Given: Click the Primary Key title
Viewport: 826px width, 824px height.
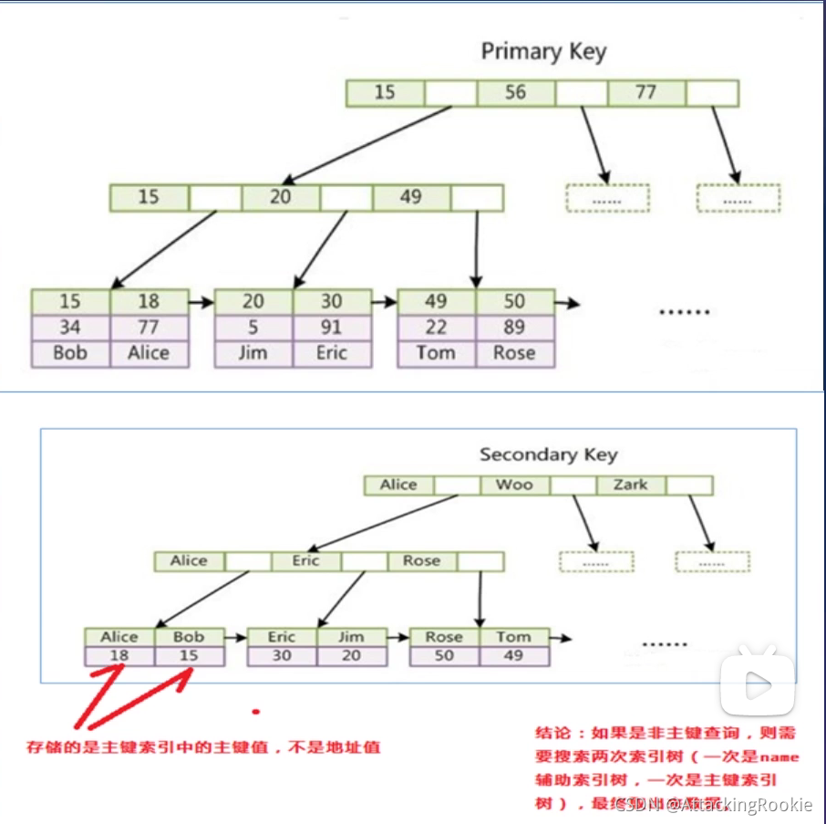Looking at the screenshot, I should click(543, 52).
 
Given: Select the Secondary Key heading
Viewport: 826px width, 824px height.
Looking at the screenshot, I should click(548, 454).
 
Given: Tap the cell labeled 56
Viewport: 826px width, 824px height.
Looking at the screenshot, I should click(515, 92).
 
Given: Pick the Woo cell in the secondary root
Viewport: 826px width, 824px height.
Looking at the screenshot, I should click(514, 485).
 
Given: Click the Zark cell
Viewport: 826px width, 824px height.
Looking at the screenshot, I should click(630, 485).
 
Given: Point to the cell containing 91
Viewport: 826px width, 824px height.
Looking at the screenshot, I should click(332, 327).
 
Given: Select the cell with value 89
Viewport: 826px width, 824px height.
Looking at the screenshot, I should click(514, 327).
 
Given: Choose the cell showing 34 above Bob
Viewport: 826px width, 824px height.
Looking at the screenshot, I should click(70, 327).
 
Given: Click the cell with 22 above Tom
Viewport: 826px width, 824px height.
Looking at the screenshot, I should click(436, 327).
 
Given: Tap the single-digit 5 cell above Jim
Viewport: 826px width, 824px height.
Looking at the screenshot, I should click(253, 327).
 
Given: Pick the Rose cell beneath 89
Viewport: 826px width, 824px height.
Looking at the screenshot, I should click(514, 353).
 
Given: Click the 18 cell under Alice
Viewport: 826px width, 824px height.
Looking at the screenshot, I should click(119, 655).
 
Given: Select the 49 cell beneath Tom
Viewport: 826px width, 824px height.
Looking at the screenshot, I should click(514, 655).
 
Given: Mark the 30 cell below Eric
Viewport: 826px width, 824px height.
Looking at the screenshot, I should click(282, 655).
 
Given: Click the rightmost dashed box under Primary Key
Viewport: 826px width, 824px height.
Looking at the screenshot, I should click(738, 198).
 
